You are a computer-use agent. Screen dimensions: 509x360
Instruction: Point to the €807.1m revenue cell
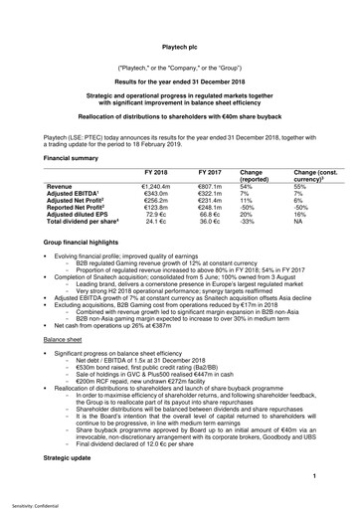pos(210,185)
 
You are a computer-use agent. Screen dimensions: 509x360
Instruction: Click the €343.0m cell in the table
pos(157,193)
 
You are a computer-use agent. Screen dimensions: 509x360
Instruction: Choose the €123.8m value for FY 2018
pos(157,209)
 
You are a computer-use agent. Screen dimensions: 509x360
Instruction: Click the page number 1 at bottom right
pos(313,476)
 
